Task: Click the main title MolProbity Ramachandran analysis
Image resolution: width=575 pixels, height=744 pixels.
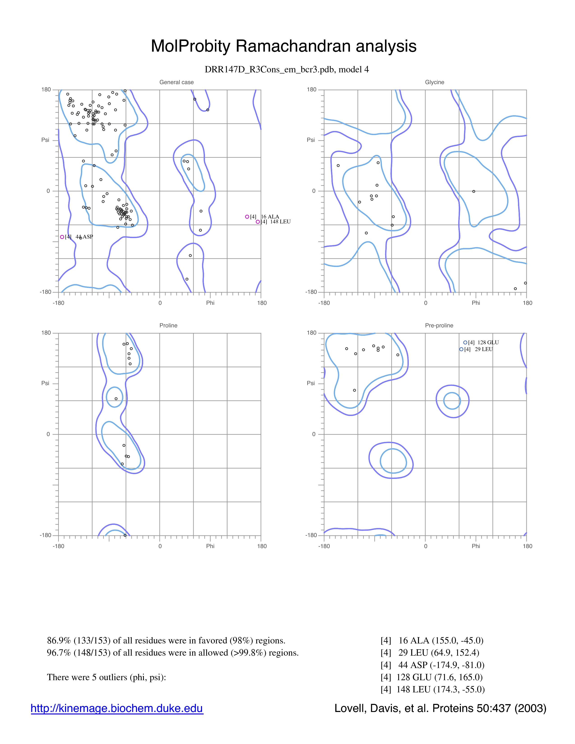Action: [x=283, y=46]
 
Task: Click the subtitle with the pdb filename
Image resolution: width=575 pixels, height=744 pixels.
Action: [x=287, y=69]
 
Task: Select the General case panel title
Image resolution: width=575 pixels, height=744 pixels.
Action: [x=177, y=82]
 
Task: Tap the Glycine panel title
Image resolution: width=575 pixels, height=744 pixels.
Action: [x=435, y=82]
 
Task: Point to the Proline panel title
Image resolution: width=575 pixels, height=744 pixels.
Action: [x=168, y=325]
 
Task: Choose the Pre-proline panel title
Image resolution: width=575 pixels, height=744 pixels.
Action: [x=439, y=325]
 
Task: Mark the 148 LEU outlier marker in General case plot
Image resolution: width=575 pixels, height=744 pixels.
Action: [x=258, y=222]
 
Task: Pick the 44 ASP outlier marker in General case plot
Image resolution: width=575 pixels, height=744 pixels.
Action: [x=62, y=237]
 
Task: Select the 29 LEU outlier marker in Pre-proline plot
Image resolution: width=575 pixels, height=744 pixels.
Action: [x=461, y=349]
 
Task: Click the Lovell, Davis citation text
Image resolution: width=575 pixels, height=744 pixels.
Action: [x=440, y=708]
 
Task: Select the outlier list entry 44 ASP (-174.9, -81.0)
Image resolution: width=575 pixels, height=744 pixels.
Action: [x=432, y=665]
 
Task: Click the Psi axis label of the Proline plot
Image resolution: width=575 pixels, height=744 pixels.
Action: [x=45, y=383]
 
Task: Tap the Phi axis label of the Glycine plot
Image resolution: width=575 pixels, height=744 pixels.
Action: [x=476, y=303]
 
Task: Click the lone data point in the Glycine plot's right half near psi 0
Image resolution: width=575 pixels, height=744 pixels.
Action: [x=474, y=191]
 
